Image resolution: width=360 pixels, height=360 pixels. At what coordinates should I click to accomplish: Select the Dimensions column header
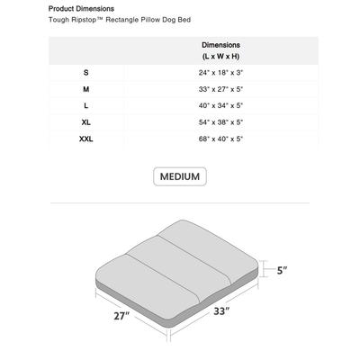point(220,44)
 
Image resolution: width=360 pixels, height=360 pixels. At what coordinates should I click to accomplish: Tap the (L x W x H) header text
point(220,55)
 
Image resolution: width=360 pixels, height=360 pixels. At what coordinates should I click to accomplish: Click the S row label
point(85,71)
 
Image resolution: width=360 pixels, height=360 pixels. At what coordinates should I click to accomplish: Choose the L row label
point(85,105)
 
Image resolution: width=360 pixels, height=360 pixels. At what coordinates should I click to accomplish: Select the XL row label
point(85,122)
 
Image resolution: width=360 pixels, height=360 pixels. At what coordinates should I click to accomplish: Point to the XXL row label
point(85,139)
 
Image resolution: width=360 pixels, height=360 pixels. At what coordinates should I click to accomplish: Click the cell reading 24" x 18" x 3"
point(220,71)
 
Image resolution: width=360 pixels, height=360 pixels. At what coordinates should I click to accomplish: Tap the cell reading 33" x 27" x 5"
point(220,88)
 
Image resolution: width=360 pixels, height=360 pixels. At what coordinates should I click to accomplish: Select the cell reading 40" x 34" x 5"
point(220,105)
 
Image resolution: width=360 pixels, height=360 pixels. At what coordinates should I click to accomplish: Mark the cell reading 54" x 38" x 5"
point(220,122)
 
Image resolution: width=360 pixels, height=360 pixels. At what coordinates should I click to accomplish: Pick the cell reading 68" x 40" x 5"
point(220,139)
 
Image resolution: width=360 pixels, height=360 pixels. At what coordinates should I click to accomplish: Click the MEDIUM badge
point(180,176)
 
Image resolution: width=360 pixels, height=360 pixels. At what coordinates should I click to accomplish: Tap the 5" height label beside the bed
point(282,270)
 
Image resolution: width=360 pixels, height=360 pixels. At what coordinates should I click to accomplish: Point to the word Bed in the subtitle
point(184,19)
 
